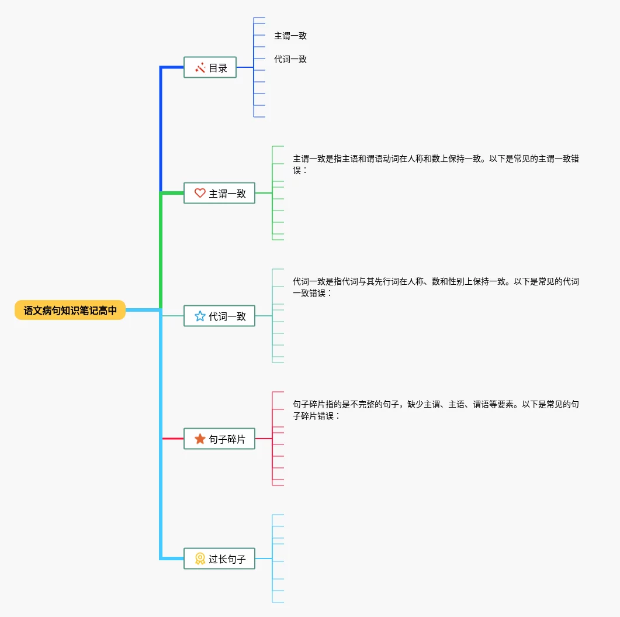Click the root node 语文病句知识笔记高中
[70, 311]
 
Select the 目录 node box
[210, 68]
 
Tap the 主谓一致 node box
[219, 193]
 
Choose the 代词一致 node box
[219, 316]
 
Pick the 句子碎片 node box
[219, 439]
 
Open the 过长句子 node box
[219, 559]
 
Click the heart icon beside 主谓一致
[200, 193]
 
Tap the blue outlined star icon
[200, 316]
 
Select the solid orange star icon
[200, 439]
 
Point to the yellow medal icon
[200, 559]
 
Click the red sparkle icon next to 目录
[200, 68]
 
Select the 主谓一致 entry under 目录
[290, 36]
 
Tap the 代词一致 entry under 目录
[290, 59]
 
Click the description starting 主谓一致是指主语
[435, 164]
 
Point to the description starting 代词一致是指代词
[435, 287]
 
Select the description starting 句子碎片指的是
[435, 410]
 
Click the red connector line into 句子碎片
[173, 439]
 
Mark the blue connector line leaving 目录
[245, 68]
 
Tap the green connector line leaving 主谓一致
[264, 193]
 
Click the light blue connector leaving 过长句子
[264, 559]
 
